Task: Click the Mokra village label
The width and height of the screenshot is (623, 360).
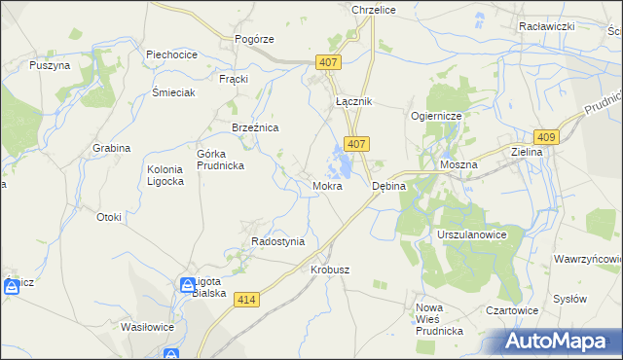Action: click(326, 185)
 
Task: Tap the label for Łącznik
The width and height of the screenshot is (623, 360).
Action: click(353, 101)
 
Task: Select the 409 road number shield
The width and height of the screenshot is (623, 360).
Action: click(546, 137)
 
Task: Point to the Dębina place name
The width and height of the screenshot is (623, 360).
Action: click(389, 185)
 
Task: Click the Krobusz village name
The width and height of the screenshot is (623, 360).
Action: click(329, 270)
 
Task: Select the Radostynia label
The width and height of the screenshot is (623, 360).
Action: click(278, 241)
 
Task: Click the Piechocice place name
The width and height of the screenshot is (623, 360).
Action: click(171, 54)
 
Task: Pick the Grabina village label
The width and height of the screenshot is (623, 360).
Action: click(112, 148)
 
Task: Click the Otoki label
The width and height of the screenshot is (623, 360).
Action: click(109, 217)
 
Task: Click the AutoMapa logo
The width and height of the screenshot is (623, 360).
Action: click(562, 342)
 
